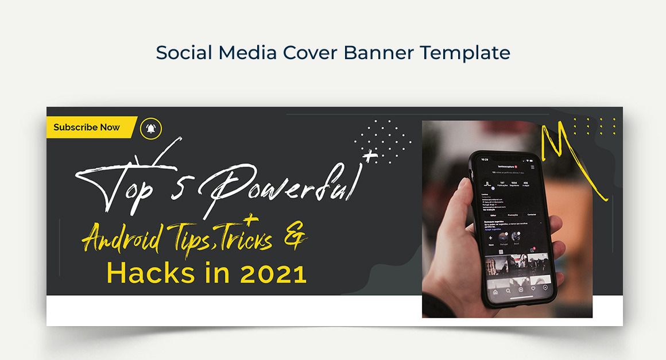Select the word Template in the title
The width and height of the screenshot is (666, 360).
464,53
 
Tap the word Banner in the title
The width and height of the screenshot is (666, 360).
379,53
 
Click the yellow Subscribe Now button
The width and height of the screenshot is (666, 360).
87,127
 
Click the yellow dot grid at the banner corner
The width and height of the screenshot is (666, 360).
594,126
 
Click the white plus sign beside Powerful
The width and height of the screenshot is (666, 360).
371,156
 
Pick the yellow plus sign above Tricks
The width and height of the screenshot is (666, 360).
249,219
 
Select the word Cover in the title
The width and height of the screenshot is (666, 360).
310,53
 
